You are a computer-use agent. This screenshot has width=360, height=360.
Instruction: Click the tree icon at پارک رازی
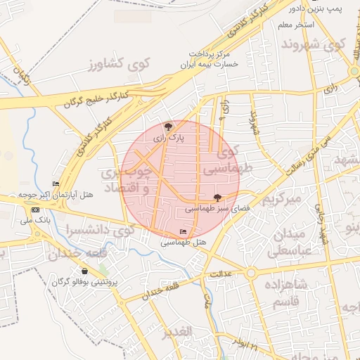168,127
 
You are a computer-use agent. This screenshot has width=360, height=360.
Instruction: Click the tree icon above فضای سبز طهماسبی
217,198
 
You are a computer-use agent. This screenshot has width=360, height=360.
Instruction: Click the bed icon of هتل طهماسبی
184,232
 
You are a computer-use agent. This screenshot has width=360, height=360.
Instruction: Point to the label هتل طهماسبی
183,243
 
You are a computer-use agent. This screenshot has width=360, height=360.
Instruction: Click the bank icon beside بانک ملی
35,210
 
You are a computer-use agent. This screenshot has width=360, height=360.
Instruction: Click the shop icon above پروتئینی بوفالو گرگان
85,271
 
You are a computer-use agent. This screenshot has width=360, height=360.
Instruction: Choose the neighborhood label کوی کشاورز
115,65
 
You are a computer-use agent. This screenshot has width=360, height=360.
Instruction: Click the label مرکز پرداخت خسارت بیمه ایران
210,58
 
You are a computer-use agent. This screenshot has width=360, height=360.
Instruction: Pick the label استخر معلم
295,25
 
